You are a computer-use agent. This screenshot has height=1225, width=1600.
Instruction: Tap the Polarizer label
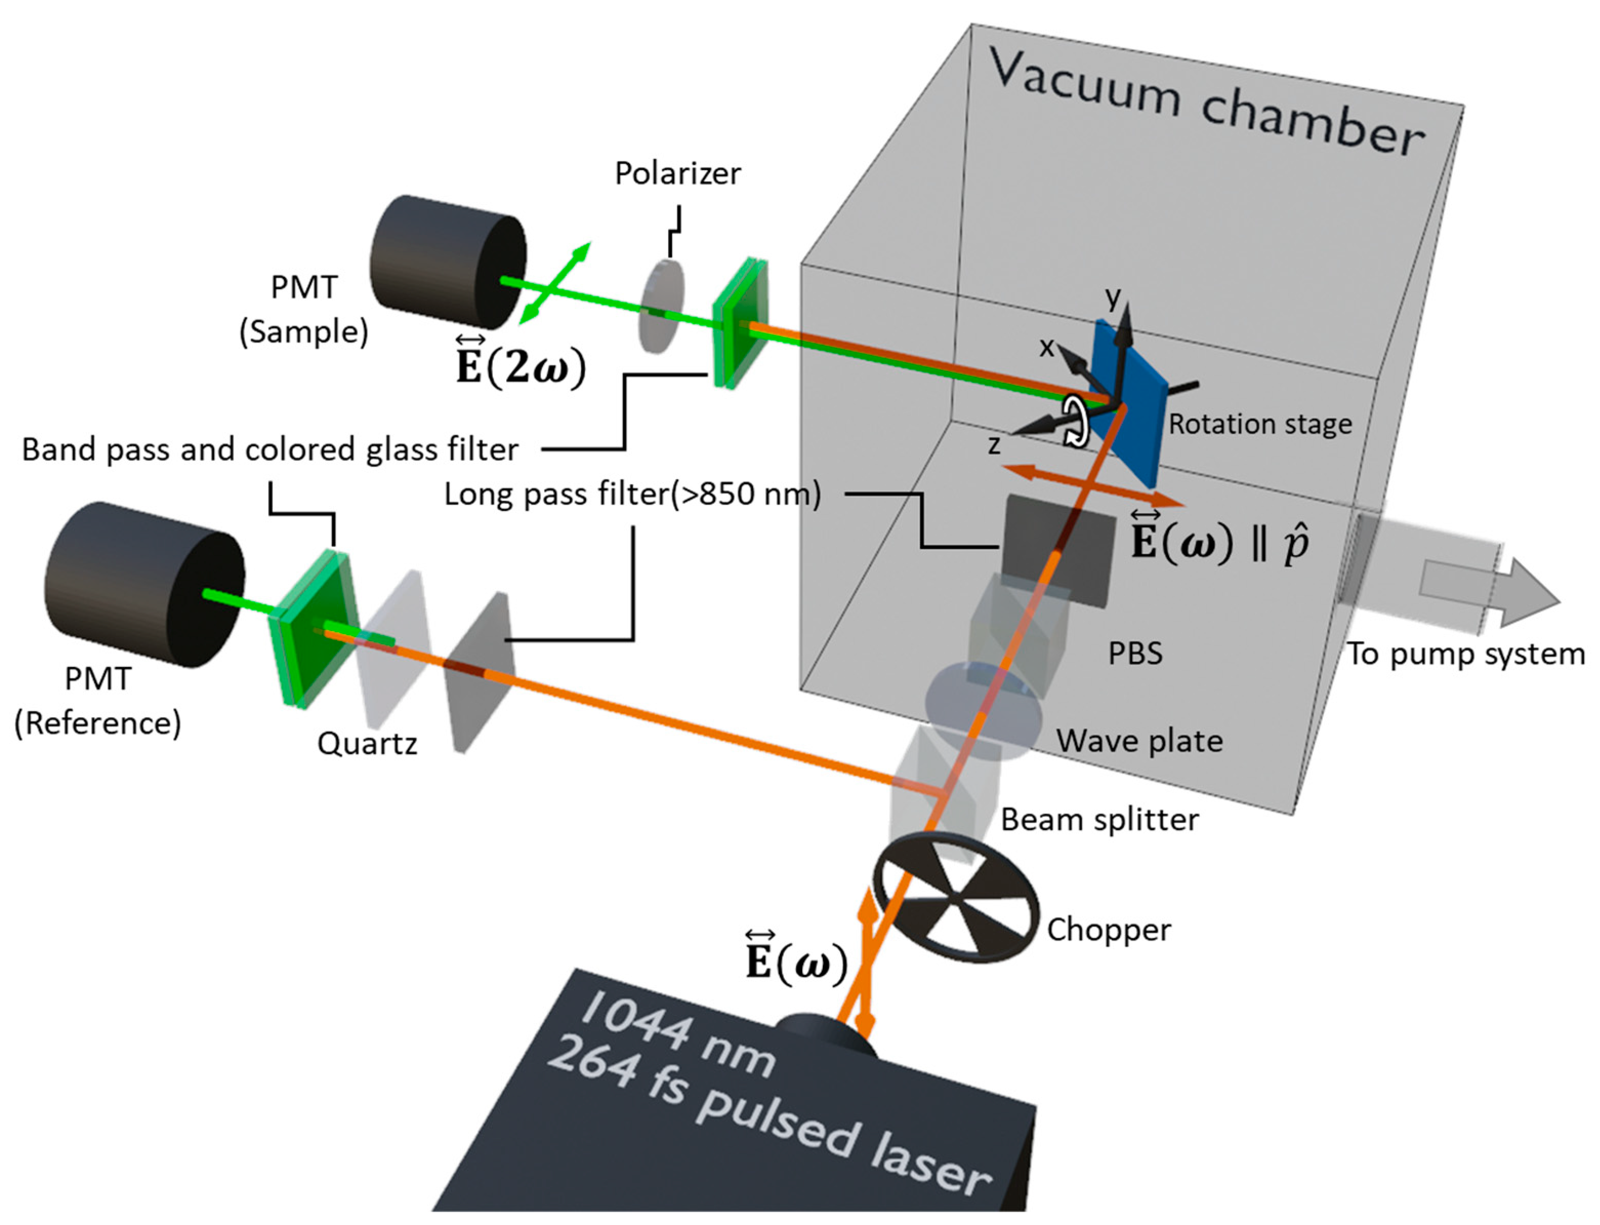click(677, 174)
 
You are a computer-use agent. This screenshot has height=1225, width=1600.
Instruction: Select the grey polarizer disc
click(662, 307)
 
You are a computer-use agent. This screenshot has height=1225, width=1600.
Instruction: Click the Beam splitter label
click(1099, 820)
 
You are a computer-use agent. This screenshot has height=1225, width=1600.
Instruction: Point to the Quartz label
click(367, 744)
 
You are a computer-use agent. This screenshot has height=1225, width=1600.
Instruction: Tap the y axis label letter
click(1112, 297)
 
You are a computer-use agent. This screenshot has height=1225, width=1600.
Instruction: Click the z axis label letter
click(993, 445)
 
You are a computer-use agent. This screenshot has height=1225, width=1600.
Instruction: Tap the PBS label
click(1135, 654)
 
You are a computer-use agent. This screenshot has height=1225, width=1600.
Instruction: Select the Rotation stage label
click(1260, 424)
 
